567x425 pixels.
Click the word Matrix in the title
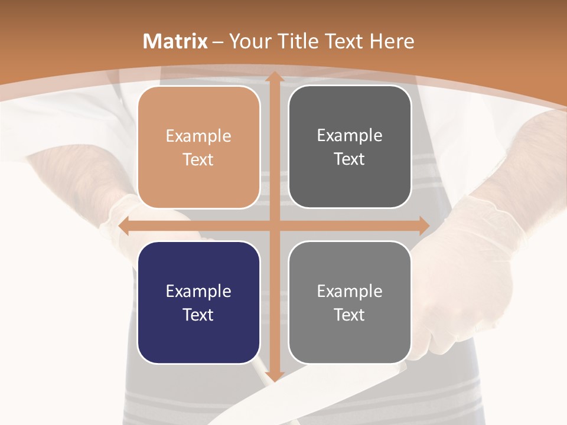175,41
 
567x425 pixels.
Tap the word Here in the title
392,41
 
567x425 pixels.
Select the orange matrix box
198,147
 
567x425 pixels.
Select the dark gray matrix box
350,147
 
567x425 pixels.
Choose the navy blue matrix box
198,302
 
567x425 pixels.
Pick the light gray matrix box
350,302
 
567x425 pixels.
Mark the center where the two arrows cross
274,225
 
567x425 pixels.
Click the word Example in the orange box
198,136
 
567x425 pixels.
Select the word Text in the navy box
198,315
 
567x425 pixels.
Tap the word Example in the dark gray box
350,136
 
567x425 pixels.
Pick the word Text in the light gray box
350,315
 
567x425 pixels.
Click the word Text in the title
344,41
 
